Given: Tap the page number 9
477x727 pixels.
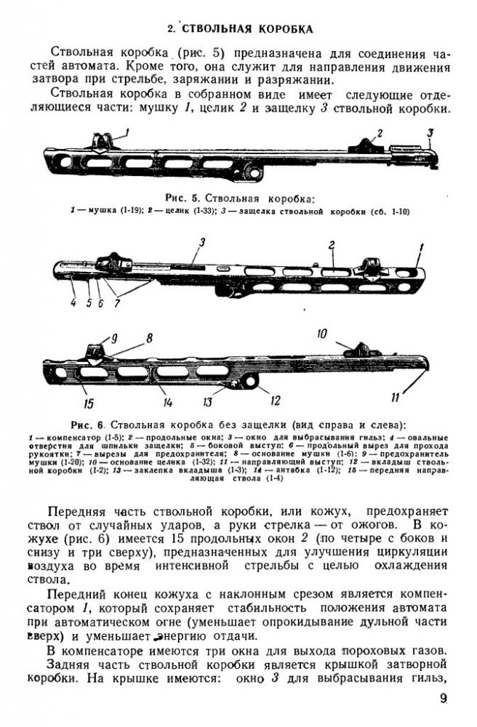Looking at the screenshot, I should point(443,702).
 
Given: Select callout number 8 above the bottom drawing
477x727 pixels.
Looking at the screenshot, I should point(148,337).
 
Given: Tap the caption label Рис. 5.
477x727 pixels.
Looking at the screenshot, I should point(179,197).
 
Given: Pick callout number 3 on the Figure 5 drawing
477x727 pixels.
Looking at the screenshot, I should point(430,132).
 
